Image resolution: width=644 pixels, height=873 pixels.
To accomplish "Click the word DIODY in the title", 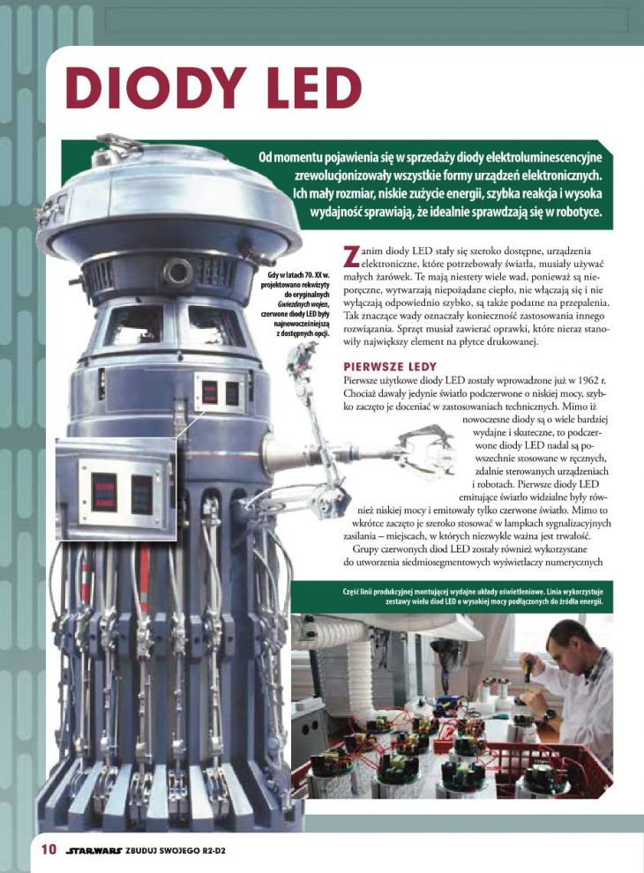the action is click(x=156, y=87).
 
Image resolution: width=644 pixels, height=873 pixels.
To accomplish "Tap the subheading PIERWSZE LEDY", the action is click(x=390, y=367).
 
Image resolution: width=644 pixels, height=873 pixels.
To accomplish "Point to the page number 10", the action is click(x=49, y=849).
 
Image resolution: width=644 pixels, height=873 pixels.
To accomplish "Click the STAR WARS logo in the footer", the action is click(x=94, y=850).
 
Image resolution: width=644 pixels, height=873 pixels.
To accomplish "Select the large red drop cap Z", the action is click(x=351, y=256).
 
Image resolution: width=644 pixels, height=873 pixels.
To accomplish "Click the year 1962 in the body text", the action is click(x=583, y=381).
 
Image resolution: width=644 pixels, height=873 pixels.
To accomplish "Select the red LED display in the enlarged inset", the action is click(x=104, y=492).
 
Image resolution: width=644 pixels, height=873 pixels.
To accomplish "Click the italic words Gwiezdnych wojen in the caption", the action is click(x=303, y=304).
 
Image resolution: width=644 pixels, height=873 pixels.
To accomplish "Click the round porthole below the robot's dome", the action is click(x=177, y=272).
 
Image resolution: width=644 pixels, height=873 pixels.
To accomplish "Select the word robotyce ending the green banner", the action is click(x=579, y=213).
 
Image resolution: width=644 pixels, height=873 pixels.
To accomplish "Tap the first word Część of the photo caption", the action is click(x=352, y=592).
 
